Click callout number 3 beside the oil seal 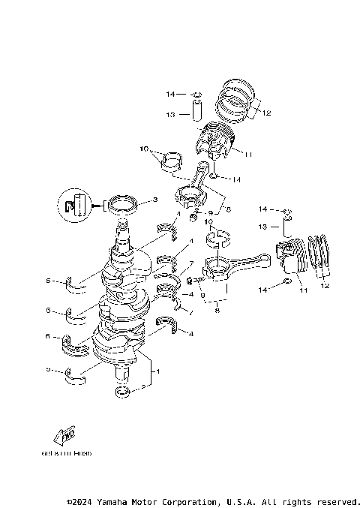click(x=154, y=200)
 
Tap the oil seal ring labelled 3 click(x=123, y=203)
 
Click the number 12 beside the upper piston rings click(x=266, y=113)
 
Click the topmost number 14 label click(x=171, y=95)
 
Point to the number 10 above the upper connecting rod click(x=144, y=149)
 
